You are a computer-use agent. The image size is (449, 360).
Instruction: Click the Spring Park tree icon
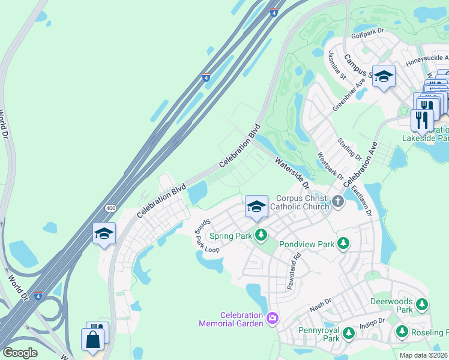tap(261, 236)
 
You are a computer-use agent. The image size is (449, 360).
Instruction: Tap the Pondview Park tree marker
tap(343, 244)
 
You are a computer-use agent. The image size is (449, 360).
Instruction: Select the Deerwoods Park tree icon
tap(423, 305)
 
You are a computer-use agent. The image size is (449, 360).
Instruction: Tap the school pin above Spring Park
tap(256, 207)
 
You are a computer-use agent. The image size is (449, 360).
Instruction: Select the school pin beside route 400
tap(104, 233)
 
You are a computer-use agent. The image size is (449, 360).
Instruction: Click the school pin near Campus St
tap(384, 77)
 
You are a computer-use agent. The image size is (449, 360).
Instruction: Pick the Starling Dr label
tap(351, 148)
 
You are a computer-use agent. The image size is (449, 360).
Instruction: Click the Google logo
tap(20, 352)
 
